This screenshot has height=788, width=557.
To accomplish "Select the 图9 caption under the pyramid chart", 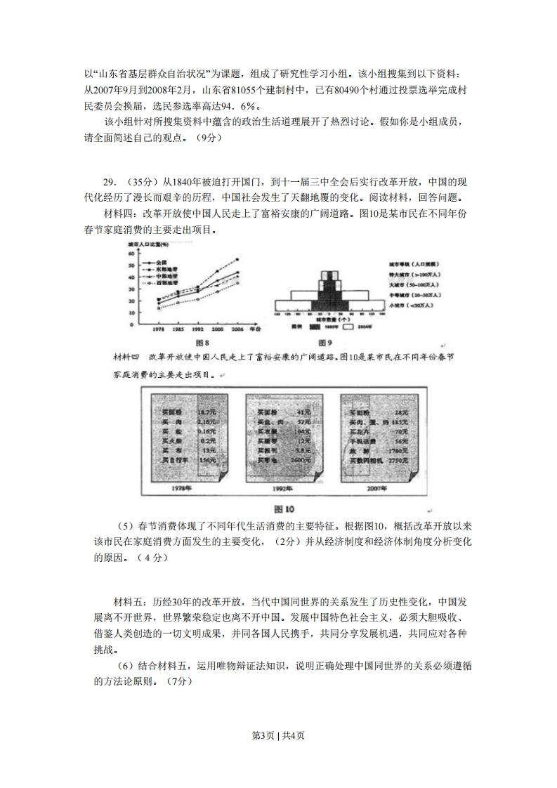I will coord(325,343).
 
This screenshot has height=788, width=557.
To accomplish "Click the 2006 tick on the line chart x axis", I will coord(237,329).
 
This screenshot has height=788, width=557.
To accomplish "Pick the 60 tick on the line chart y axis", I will coord(131,254).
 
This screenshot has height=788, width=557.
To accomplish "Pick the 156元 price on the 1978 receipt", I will coord(206,460).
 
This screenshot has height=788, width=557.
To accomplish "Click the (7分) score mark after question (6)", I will coord(174,681).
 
